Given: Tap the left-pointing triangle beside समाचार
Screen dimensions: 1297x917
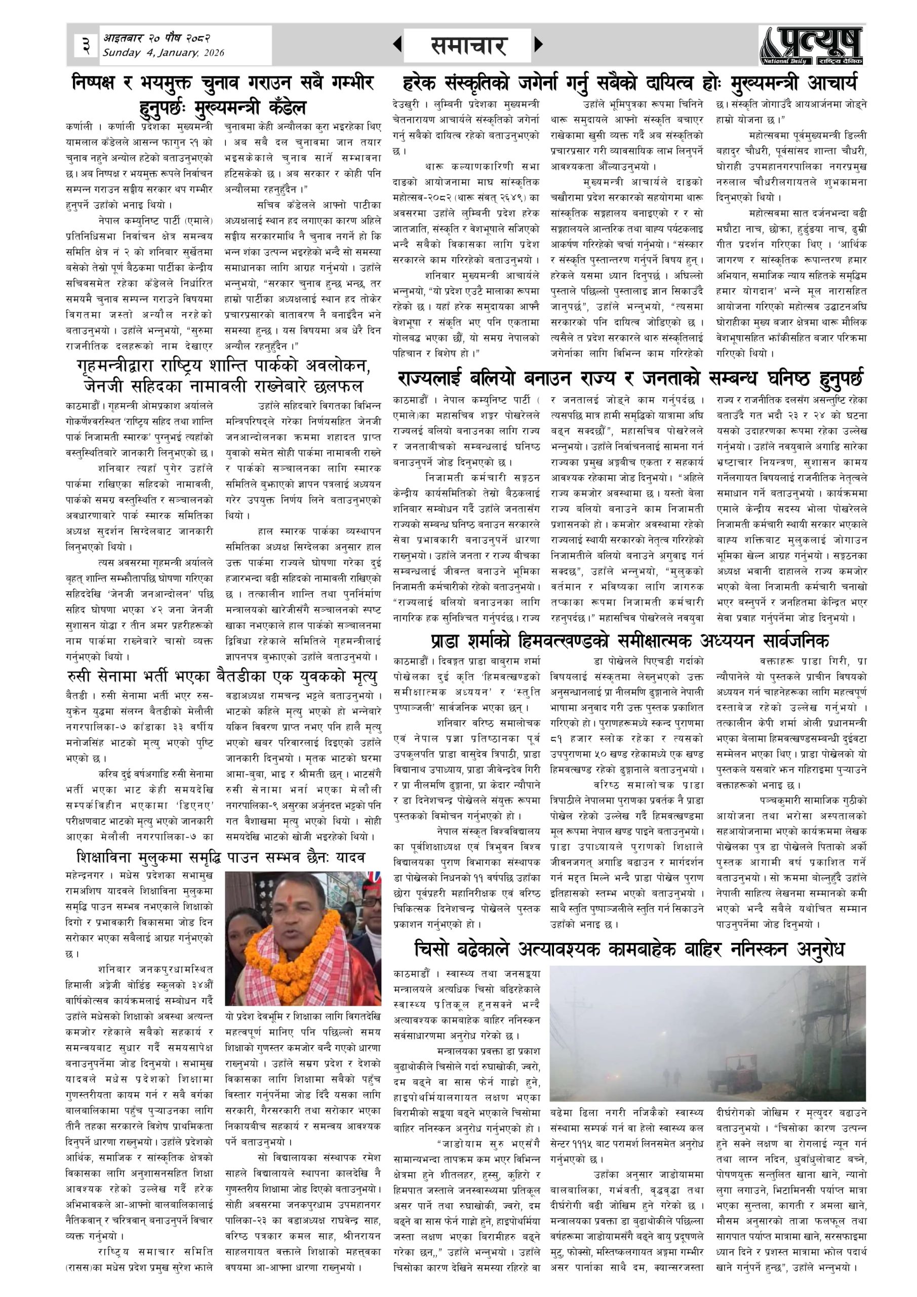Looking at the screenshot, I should [397, 44].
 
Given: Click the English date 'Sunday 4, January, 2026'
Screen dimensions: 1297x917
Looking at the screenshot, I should [163, 53].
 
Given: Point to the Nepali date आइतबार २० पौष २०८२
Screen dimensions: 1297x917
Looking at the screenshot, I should [156, 38].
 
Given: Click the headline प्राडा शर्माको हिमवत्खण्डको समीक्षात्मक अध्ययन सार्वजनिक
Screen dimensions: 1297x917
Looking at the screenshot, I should [629, 641].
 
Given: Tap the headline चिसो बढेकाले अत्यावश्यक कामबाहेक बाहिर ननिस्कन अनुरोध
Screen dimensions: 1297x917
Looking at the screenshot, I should [629, 949].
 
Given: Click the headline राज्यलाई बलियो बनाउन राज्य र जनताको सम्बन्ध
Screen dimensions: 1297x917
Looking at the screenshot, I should [629, 378].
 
